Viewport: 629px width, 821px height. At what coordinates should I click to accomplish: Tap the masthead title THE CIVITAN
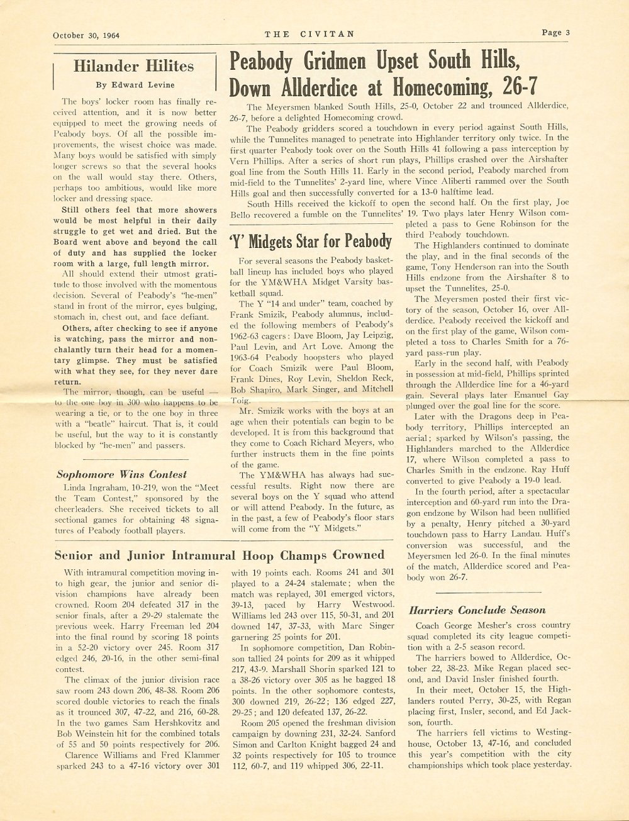[309, 34]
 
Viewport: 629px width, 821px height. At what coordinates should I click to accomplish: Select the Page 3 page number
[555, 33]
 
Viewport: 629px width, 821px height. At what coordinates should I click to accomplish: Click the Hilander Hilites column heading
[133, 66]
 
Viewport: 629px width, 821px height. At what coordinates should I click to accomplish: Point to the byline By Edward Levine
[135, 85]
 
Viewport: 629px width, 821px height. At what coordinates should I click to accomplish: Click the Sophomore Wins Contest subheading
[121, 474]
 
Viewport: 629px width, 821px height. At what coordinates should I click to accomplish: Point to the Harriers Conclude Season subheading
[477, 610]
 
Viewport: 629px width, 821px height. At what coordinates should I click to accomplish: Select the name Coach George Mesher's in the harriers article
[461, 626]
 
